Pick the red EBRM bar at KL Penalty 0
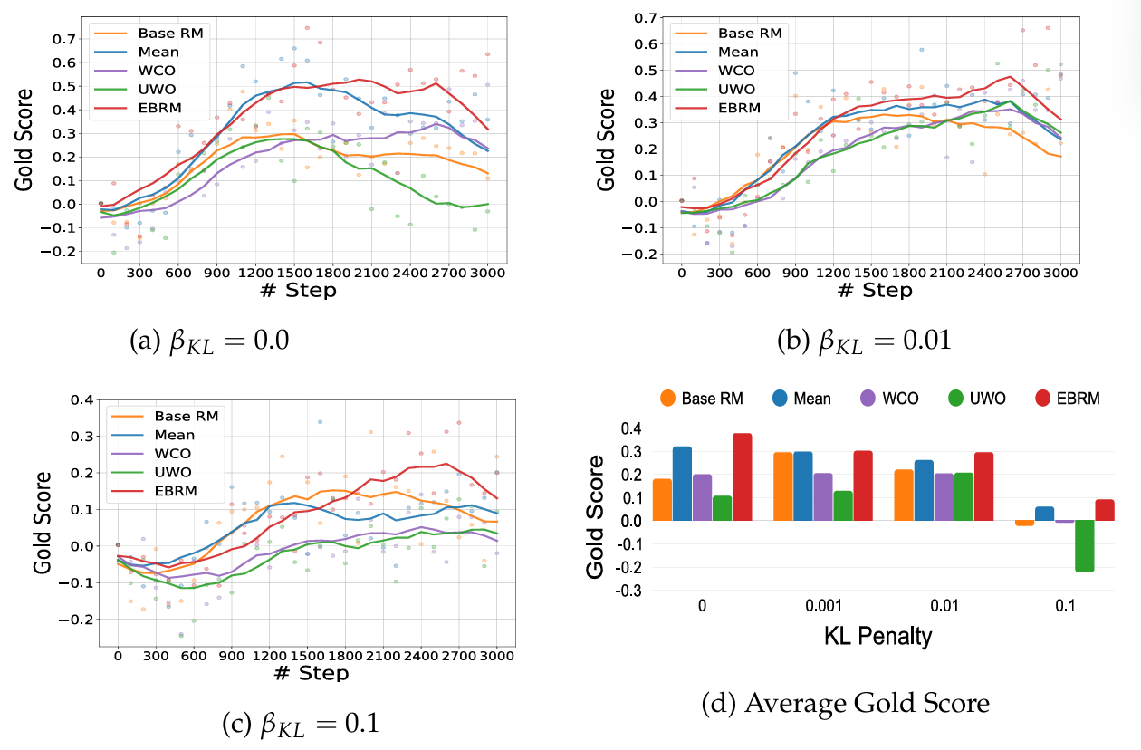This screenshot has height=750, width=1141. pyautogui.click(x=743, y=477)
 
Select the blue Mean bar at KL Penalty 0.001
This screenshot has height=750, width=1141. pyautogui.click(x=803, y=486)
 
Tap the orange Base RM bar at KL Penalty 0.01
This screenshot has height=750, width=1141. pyautogui.click(x=904, y=495)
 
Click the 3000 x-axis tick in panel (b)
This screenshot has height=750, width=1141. pyautogui.click(x=1060, y=273)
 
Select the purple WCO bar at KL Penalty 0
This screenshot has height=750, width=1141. pyautogui.click(x=702, y=497)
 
